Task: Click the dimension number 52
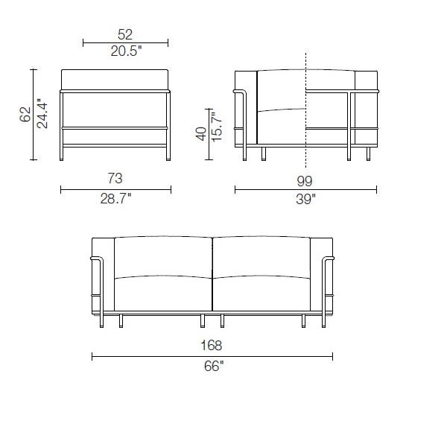125,34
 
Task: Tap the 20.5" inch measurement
126,51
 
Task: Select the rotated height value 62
25,114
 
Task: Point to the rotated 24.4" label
42,113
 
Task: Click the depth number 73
115,179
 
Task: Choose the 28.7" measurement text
115,198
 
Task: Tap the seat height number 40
201,133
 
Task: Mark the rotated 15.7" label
217,127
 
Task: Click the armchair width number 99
305,181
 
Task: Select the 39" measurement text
305,199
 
